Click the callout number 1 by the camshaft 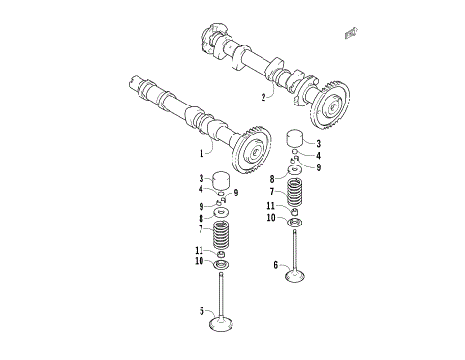pos(202,152)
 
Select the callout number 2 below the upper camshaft pos(263,97)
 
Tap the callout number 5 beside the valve pos(202,312)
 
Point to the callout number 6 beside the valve pos(276,264)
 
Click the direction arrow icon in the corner pos(351,34)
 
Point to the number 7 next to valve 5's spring pos(201,229)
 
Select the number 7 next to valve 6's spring pos(273,193)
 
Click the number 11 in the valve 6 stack pos(273,206)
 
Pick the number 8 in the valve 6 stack pos(273,179)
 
